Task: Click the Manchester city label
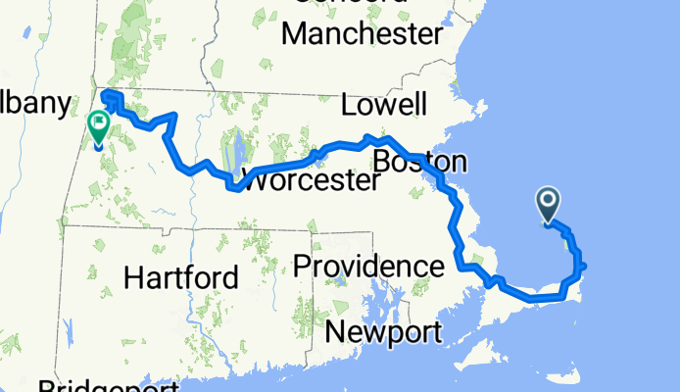pyautogui.click(x=362, y=34)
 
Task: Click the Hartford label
pyautogui.click(x=181, y=277)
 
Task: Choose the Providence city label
pyautogui.click(x=368, y=266)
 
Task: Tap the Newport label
pyautogui.click(x=383, y=332)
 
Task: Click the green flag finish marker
pyautogui.click(x=99, y=127)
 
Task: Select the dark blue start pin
pyautogui.click(x=548, y=205)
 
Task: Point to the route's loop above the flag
pyautogui.click(x=110, y=97)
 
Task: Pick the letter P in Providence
pyautogui.click(x=304, y=266)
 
